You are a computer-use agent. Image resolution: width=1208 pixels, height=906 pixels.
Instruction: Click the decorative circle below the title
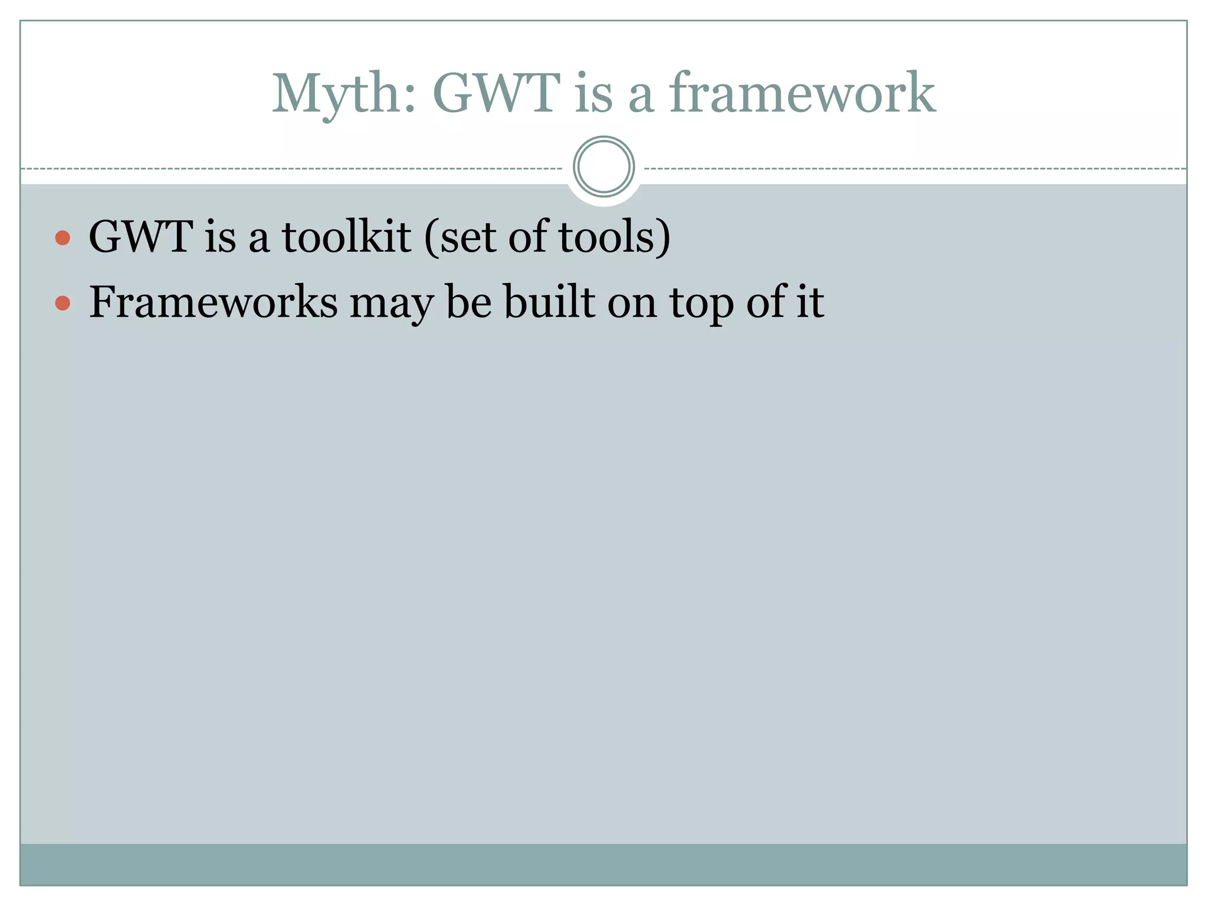click(603, 167)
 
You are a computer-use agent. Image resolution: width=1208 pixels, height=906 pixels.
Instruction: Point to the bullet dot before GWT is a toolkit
click(63, 238)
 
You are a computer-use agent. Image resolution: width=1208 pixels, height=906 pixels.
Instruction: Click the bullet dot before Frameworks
click(63, 304)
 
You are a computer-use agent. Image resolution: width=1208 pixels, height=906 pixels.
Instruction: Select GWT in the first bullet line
click(140, 237)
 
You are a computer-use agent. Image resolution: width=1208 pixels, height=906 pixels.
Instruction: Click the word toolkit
click(346, 237)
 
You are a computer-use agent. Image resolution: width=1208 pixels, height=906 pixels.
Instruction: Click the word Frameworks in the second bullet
click(213, 303)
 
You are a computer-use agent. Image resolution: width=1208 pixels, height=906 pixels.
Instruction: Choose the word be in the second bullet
click(468, 303)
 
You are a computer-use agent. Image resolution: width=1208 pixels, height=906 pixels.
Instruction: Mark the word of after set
click(527, 237)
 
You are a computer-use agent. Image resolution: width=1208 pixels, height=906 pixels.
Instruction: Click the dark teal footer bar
click(603, 864)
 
